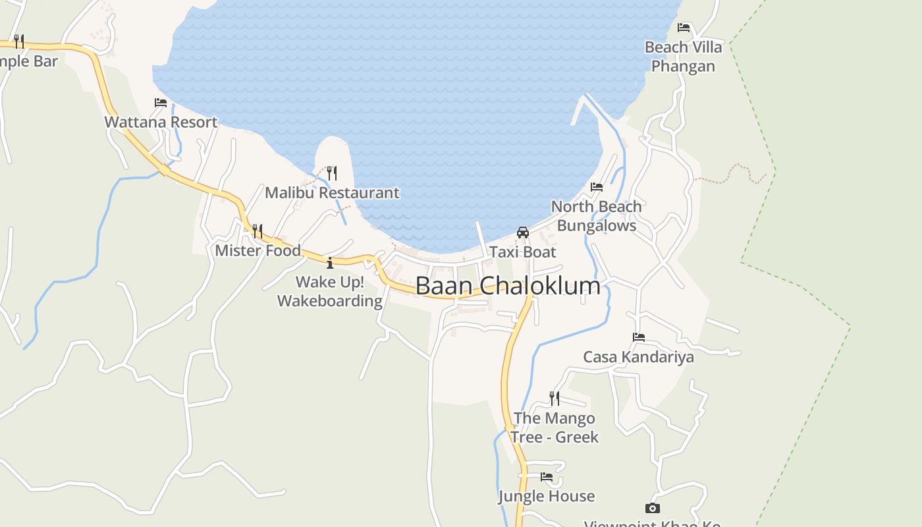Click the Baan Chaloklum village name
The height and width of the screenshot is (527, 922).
click(508, 286)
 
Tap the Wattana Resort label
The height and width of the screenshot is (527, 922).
click(161, 122)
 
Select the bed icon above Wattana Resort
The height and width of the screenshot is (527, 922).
click(161, 102)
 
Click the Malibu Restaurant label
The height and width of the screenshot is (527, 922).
click(332, 193)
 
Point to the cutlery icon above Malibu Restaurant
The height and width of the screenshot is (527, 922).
click(332, 173)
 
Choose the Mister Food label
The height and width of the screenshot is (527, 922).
click(258, 250)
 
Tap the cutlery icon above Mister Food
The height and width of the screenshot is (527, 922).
click(258, 231)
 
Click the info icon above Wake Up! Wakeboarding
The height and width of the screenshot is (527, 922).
click(330, 263)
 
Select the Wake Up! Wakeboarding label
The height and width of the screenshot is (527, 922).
click(330, 292)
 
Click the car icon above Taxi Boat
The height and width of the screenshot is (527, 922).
click(523, 233)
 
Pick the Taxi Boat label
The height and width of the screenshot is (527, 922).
click(523, 252)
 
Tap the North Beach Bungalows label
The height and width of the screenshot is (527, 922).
click(597, 216)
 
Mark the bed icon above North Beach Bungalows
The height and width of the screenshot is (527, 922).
click(597, 187)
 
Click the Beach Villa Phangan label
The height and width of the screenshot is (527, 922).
click(684, 57)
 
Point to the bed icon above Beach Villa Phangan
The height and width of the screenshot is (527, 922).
click(684, 28)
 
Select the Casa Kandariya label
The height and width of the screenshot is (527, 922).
click(638, 357)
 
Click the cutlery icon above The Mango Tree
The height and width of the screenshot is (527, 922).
click(555, 399)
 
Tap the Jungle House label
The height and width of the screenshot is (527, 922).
click(547, 496)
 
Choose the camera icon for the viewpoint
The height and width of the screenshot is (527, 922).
click(653, 508)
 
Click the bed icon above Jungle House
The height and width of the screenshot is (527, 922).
click(547, 476)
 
